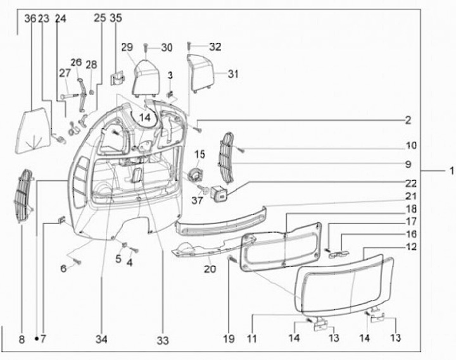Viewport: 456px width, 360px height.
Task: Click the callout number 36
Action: coord(29,19)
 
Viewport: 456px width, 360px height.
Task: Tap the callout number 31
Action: coord(233,74)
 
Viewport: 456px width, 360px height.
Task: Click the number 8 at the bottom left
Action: coord(22,340)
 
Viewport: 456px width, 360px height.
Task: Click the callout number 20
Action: coord(210,269)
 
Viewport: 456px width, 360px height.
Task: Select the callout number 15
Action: coord(199,154)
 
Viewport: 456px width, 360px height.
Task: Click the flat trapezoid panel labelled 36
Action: coord(35,130)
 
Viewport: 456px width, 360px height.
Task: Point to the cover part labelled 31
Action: coord(201,71)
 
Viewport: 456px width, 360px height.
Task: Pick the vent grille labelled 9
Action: coord(226,156)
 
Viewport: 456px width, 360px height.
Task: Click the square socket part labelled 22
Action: coord(222,194)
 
